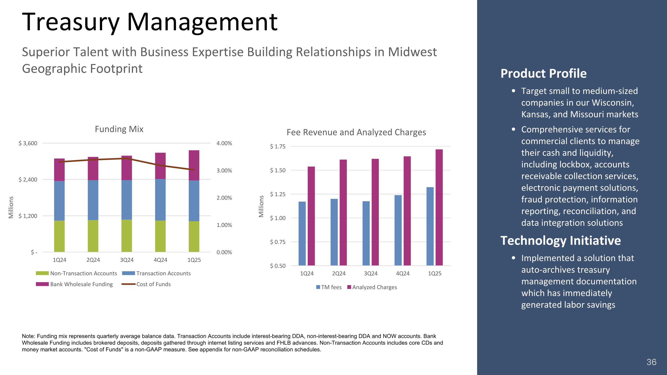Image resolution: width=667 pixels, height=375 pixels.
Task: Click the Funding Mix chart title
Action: point(119,129)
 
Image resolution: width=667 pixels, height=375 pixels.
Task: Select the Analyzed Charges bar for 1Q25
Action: point(439,207)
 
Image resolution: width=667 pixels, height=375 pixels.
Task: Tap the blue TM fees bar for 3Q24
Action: point(366,233)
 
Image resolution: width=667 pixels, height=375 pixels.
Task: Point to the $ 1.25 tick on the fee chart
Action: point(277,194)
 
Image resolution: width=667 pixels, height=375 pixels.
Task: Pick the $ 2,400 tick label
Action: point(28,180)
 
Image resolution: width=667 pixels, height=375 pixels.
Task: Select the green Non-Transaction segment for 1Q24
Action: point(59,236)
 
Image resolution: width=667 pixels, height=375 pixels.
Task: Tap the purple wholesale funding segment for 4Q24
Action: point(160,166)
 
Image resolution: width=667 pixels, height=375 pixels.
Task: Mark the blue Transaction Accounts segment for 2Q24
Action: point(93,200)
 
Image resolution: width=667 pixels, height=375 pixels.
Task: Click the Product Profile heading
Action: point(543,74)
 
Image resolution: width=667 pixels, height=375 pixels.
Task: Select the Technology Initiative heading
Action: point(560,241)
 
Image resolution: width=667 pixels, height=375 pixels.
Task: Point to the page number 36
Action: point(651,362)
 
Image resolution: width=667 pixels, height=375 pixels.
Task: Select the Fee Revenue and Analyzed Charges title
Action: point(356,132)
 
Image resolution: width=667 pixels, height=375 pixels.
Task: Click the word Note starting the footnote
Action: point(28,336)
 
